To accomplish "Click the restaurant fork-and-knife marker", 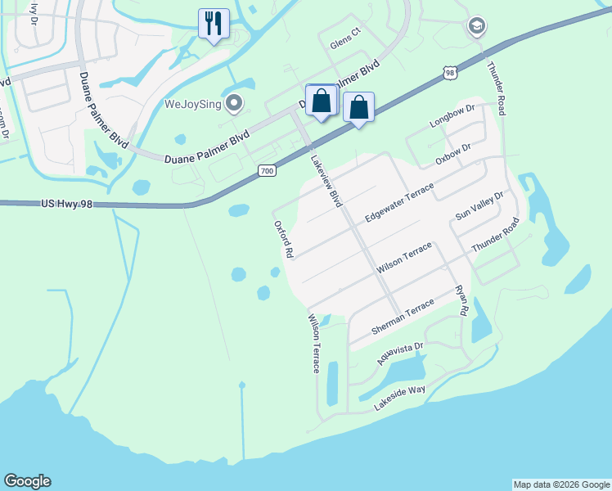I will tap(214, 23).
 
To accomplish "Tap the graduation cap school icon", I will tap(476, 27).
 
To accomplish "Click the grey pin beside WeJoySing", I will tap(235, 103).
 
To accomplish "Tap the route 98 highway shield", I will tap(449, 74).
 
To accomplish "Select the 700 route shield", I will tap(267, 170).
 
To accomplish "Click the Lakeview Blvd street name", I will tap(325, 179).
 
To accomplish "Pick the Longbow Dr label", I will tap(452, 116).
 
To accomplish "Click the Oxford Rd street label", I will tap(282, 239).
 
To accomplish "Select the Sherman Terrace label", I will tap(403, 317).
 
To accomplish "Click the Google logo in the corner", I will tap(27, 481).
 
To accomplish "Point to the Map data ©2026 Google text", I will tap(561, 484).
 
